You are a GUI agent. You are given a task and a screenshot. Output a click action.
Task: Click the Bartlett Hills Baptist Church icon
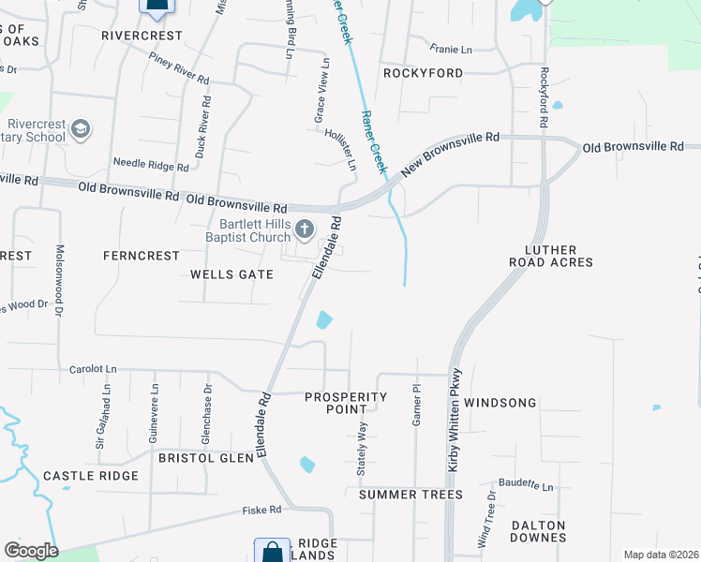[x=304, y=228]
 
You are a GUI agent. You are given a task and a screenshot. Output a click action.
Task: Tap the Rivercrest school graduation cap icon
[x=81, y=128]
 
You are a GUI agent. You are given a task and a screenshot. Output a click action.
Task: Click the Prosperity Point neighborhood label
[x=346, y=403]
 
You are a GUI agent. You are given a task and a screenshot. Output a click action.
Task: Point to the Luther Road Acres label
[x=552, y=256]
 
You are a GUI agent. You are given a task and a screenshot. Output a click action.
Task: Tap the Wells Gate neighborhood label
[x=231, y=274]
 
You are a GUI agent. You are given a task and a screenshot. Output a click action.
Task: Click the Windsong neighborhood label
[x=500, y=403]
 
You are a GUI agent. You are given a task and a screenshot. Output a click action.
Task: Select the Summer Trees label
[x=410, y=494]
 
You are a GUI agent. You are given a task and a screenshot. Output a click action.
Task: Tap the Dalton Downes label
[x=539, y=531]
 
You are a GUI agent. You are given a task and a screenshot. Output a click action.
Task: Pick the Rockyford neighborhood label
[x=423, y=73]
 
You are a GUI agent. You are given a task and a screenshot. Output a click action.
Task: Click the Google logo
[x=31, y=551]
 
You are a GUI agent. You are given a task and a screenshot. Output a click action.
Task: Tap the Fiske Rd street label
[x=261, y=510]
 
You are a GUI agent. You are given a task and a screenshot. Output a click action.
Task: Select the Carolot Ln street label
[x=93, y=370]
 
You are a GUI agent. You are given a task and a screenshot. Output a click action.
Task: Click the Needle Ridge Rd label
[x=151, y=163]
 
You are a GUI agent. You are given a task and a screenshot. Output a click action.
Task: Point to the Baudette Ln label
[x=526, y=486]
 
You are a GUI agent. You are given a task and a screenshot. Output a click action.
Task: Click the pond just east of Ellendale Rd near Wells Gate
[x=323, y=320]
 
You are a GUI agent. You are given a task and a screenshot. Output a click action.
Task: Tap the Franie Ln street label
[x=451, y=49]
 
